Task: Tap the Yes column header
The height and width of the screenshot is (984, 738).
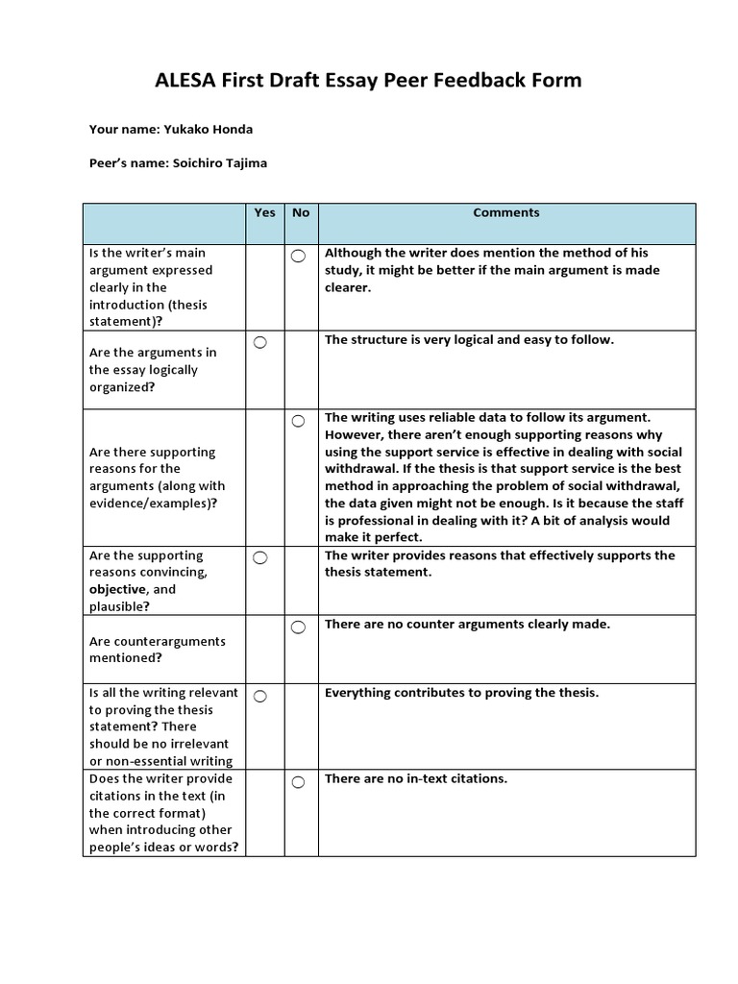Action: click(265, 213)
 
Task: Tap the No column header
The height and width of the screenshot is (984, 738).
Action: click(301, 213)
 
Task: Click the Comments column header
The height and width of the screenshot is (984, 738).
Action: click(506, 213)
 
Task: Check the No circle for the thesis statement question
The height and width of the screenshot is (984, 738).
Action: click(298, 256)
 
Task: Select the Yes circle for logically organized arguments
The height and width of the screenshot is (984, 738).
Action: click(260, 342)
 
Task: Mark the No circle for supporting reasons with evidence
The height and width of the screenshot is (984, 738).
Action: click(298, 421)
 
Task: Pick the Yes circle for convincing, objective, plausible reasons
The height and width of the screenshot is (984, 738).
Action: click(260, 557)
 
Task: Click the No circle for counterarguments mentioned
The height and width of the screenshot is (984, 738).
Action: click(298, 627)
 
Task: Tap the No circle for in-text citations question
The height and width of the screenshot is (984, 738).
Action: click(298, 782)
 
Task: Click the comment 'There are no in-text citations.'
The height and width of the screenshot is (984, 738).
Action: click(416, 778)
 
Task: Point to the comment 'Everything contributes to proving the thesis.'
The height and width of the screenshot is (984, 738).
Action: click(461, 693)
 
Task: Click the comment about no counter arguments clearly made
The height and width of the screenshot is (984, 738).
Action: click(467, 625)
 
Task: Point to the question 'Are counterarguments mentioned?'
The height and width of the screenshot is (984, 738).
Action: click(158, 650)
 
